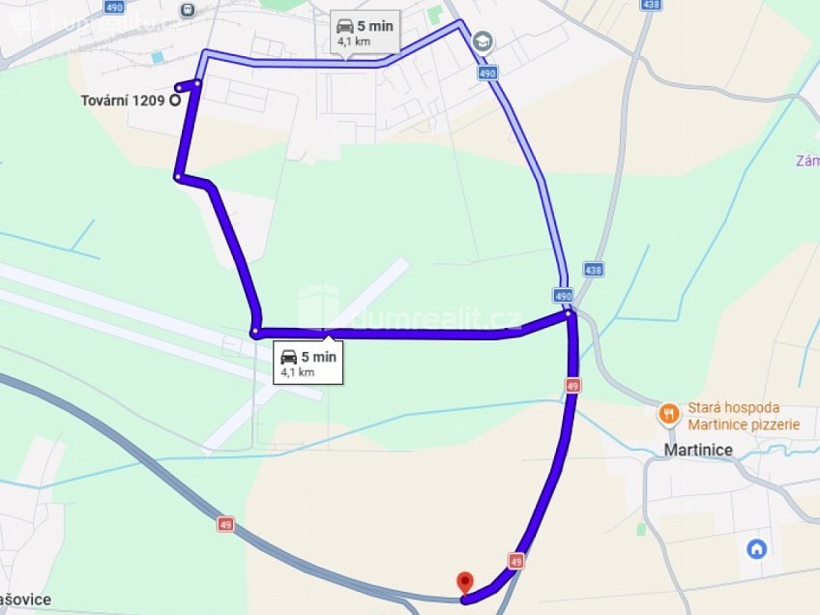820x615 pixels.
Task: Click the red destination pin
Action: tap(465, 582)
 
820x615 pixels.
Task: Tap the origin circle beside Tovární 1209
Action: tap(175, 99)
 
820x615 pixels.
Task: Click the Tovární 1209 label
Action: tap(123, 99)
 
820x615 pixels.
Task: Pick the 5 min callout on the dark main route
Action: tap(307, 363)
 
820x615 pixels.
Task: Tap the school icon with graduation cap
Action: tap(483, 42)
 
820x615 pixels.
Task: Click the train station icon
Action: tap(187, 10)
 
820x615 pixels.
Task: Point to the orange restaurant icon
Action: tap(668, 415)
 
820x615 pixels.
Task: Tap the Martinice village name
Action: tap(697, 450)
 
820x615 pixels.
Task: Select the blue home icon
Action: tap(757, 548)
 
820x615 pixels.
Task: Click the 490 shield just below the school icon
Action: tap(486, 73)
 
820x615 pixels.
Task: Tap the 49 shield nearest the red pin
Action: tap(515, 560)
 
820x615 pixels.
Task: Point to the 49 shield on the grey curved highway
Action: tap(225, 524)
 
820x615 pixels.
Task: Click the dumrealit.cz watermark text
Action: tap(435, 319)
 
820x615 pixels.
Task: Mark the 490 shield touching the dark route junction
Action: tap(563, 294)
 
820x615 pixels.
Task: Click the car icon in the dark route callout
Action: tap(288, 357)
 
